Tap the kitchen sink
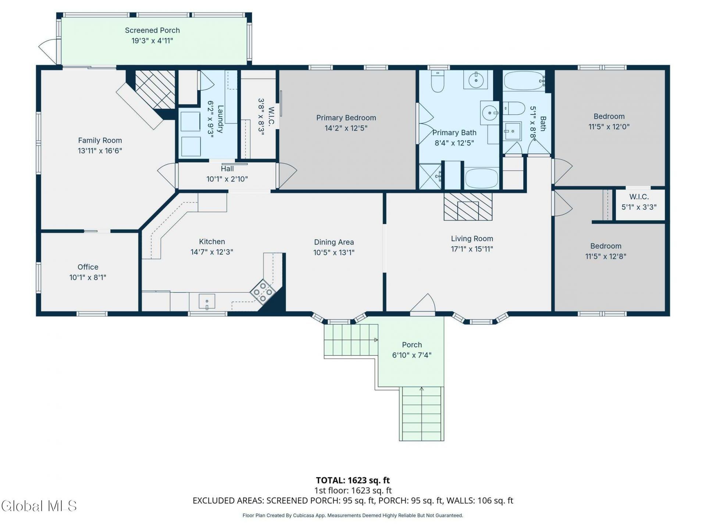coord(207,301)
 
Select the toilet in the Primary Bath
coord(438,81)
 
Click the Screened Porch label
coord(152,30)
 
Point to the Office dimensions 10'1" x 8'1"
coord(88,277)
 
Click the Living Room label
coord(472,239)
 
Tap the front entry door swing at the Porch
coord(423,304)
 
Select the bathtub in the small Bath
coord(524,81)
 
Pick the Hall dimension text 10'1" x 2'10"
coord(227,179)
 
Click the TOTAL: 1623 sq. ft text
coord(353,480)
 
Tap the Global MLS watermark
coord(39,506)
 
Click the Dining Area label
coord(334,242)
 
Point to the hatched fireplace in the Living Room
coord(468,206)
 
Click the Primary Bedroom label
coord(346,118)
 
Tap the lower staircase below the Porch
coord(422,413)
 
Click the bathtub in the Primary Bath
coord(482,179)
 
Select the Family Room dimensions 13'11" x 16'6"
coord(100,151)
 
